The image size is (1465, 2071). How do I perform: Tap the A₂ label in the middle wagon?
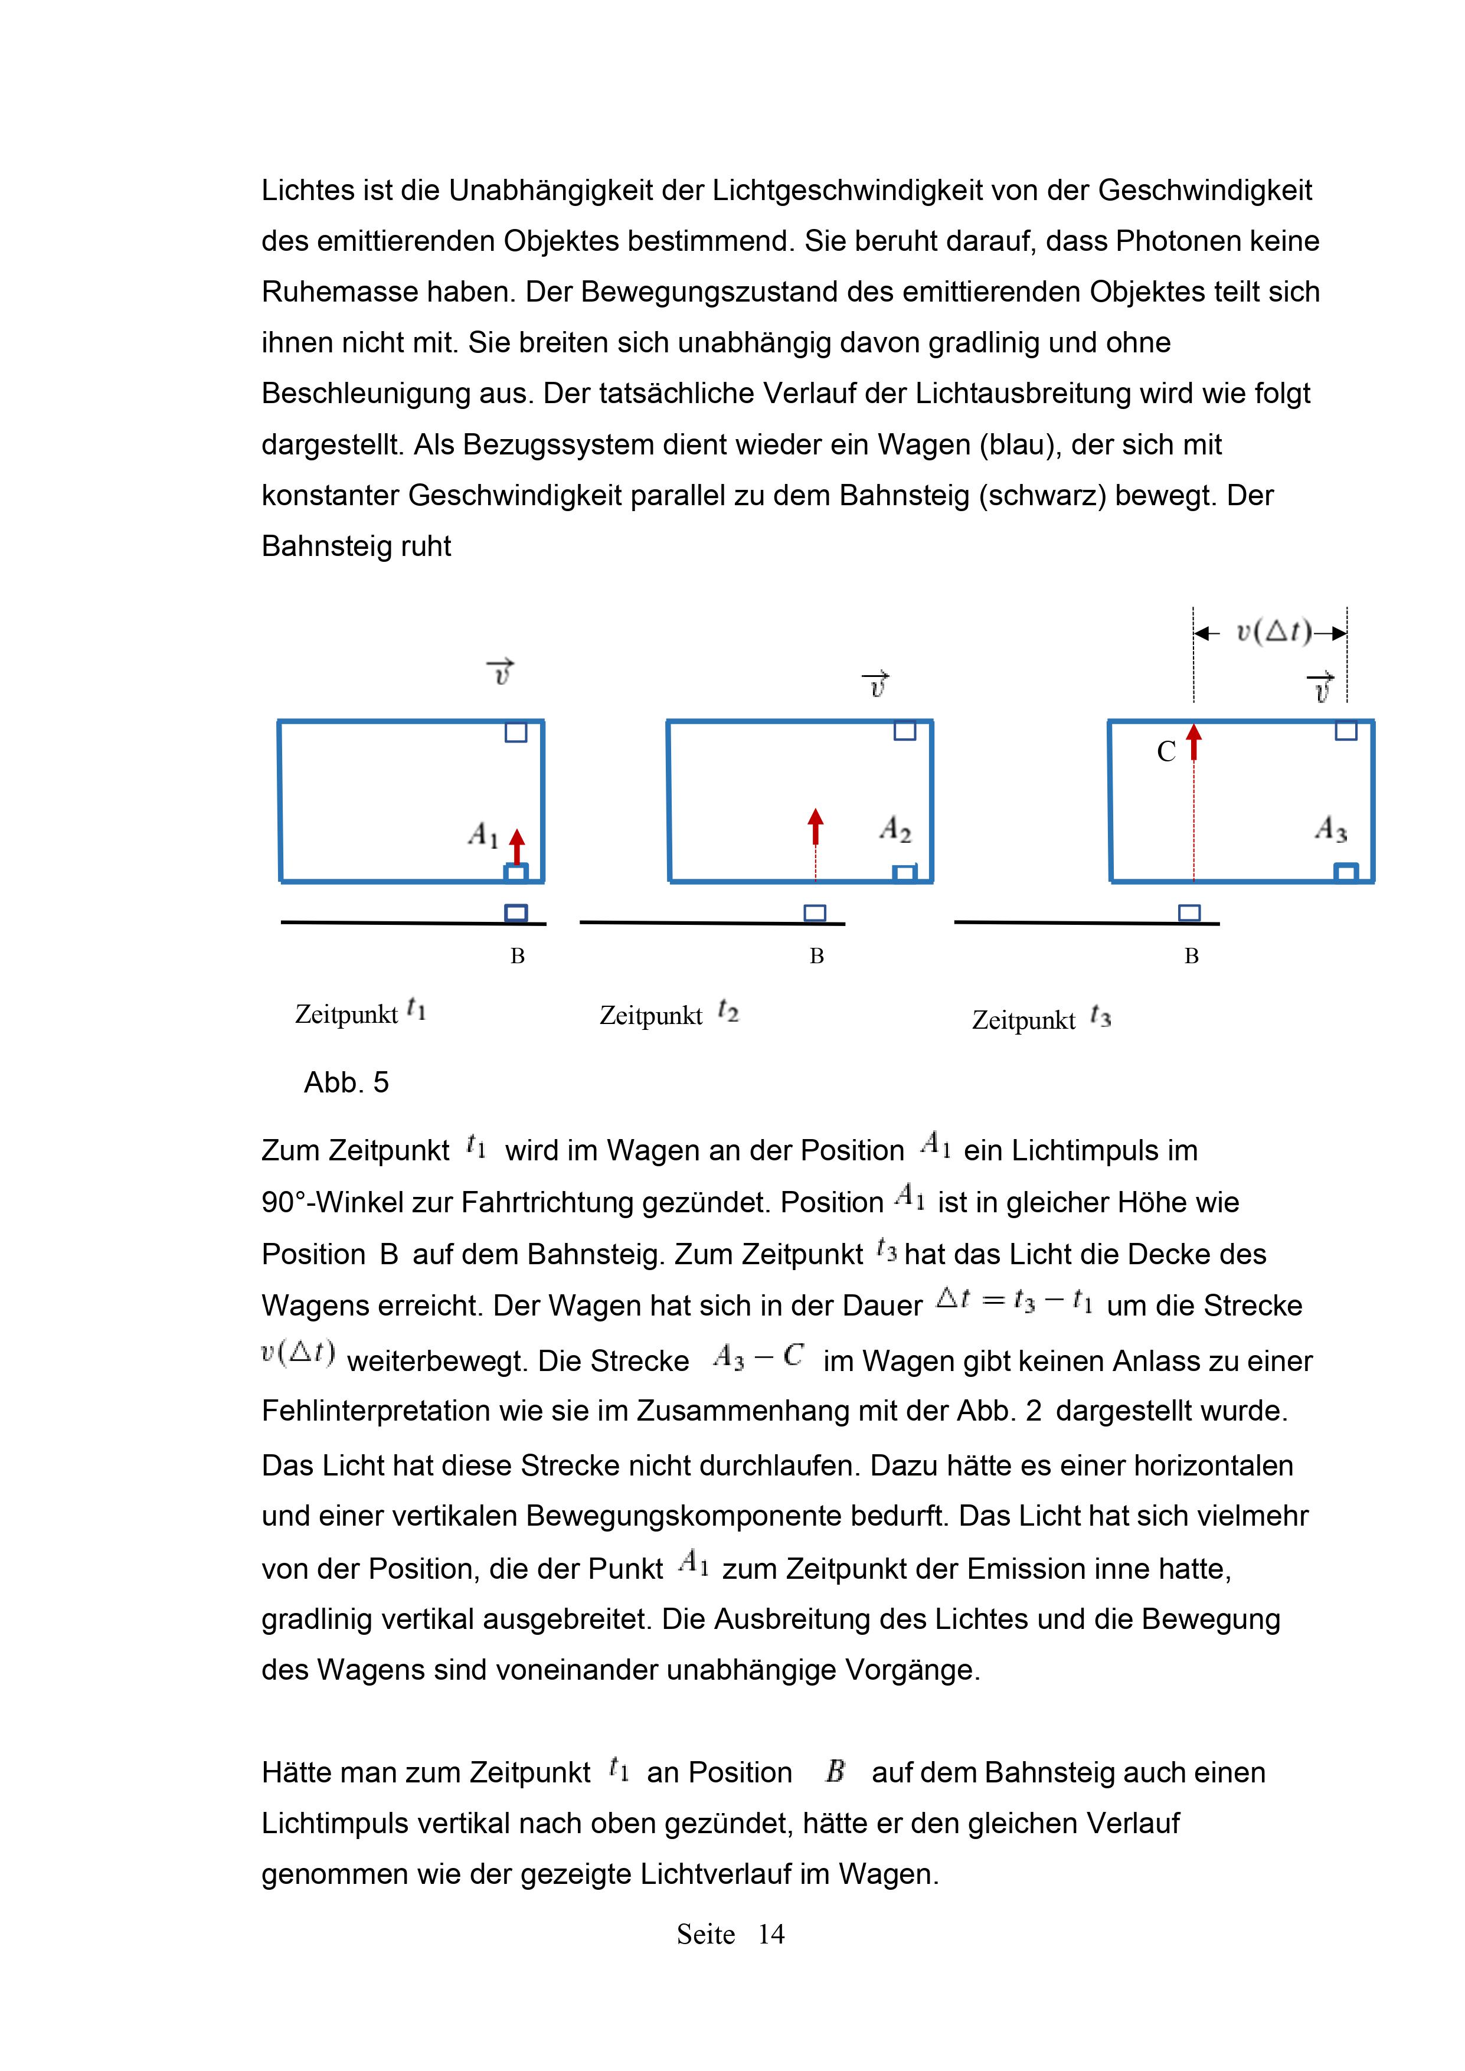[895, 829]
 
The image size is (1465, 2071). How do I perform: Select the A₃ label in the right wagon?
[1330, 828]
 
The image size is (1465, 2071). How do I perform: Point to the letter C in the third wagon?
[1166, 753]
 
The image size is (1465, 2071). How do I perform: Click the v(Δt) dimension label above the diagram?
[1273, 632]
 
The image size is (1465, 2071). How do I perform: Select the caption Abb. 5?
[346, 1082]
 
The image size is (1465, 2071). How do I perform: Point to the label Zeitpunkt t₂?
[668, 1015]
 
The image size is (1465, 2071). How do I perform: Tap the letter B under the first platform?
[517, 956]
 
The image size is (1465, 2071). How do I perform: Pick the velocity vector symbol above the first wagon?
[501, 672]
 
